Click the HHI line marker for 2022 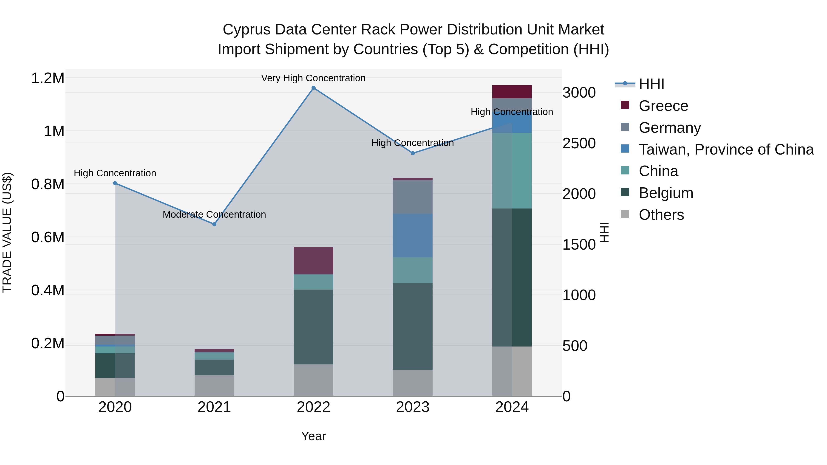(x=313, y=88)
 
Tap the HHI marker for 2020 (x=115, y=183)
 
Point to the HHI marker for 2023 (x=413, y=153)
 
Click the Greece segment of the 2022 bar (x=313, y=261)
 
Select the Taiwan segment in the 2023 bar (x=413, y=236)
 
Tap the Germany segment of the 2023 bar (x=413, y=197)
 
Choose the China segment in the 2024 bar (x=512, y=171)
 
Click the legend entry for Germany (x=669, y=128)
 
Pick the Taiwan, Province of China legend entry (x=725, y=149)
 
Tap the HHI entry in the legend (x=651, y=84)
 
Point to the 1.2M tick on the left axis (x=48, y=78)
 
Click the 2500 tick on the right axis (x=579, y=144)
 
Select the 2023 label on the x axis (x=413, y=407)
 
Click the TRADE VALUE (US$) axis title (x=7, y=232)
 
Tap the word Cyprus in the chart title (x=246, y=30)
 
